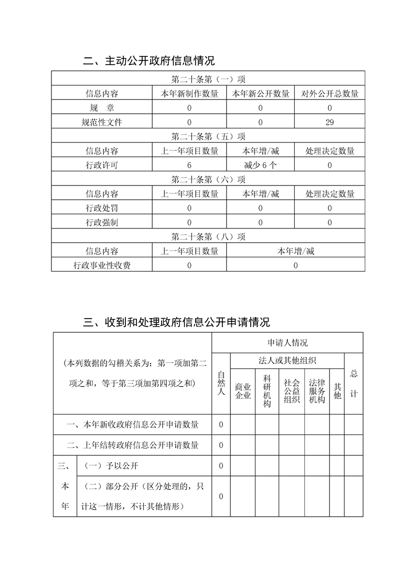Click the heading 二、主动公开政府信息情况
click(149, 61)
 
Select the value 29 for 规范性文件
click(329, 123)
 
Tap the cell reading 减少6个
click(260, 166)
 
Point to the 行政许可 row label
click(102, 166)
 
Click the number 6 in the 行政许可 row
click(189, 166)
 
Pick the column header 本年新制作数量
click(189, 94)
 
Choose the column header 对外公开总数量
click(329, 94)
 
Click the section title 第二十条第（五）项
click(208, 137)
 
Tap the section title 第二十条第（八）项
click(208, 237)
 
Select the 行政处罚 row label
click(102, 209)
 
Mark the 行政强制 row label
click(102, 223)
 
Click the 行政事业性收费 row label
click(102, 266)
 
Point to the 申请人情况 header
click(287, 343)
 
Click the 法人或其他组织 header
click(287, 361)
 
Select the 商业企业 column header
click(243, 391)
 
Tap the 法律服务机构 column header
click(317, 391)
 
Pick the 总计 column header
click(354, 384)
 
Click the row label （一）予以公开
click(111, 466)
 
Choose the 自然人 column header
click(221, 383)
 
